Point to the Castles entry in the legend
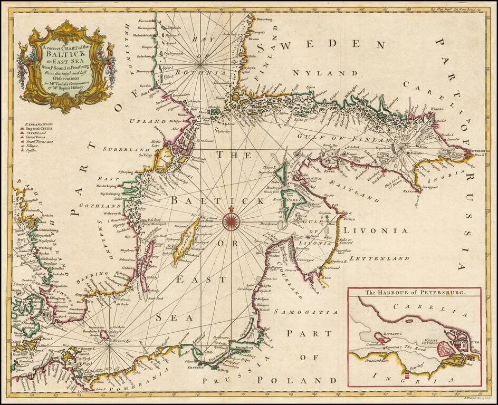(x=32, y=151)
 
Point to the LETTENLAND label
(x=379, y=259)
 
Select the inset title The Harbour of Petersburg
(x=414, y=293)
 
